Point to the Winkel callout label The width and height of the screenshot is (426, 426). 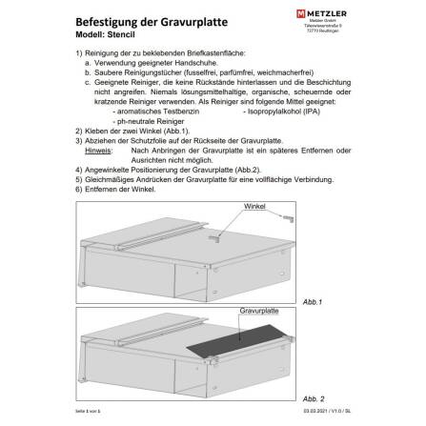tap(254, 205)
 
